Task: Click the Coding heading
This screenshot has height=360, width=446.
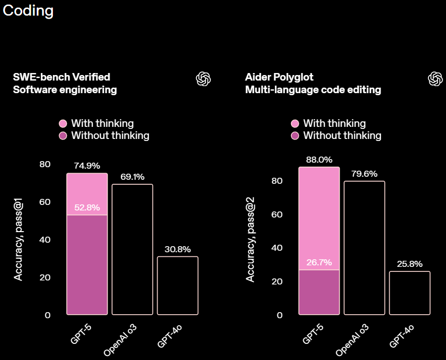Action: pos(28,11)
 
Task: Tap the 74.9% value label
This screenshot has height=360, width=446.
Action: pos(87,166)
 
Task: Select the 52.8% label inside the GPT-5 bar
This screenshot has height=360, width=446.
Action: pos(87,207)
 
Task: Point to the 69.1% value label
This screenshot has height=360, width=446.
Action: pos(132,177)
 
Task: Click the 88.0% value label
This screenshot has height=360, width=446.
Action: pos(319,160)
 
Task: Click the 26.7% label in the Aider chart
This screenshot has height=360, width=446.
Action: pos(319,262)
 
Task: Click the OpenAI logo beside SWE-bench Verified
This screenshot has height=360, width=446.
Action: pos(203,79)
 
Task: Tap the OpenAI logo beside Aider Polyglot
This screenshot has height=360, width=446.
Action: pos(435,79)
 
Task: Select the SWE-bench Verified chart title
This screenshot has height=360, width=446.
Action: pos(61,77)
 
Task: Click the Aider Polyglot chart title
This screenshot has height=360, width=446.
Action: pos(279,77)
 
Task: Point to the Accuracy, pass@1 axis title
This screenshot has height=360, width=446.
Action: pos(18,240)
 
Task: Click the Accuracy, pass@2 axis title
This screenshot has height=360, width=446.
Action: pos(250,240)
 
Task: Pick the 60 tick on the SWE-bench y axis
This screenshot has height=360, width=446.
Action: pos(45,202)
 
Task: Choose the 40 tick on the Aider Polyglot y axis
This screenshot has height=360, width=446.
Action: pos(277,248)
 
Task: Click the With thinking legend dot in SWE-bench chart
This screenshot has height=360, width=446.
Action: pos(63,123)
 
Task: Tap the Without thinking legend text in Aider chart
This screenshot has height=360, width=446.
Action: pos(342,135)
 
